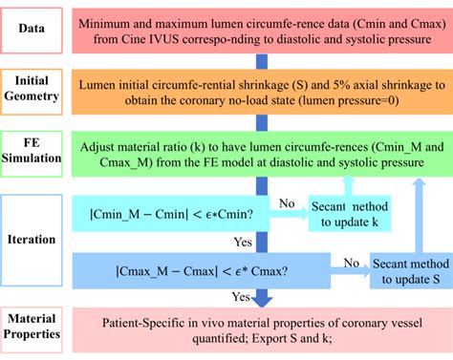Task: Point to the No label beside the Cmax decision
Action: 351,260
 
